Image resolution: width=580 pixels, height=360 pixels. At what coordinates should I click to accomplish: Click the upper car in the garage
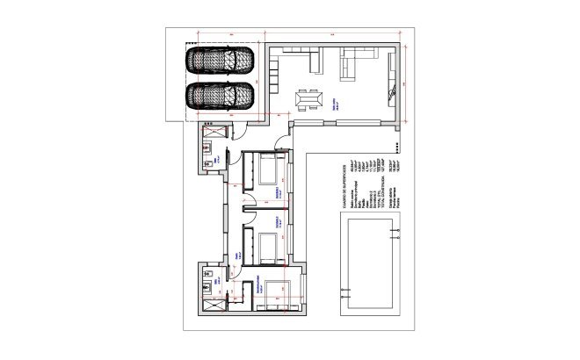pos(220,61)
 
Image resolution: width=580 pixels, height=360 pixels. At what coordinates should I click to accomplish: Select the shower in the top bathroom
pos(211,133)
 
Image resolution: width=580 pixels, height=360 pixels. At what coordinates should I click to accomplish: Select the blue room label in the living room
pos(336,102)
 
